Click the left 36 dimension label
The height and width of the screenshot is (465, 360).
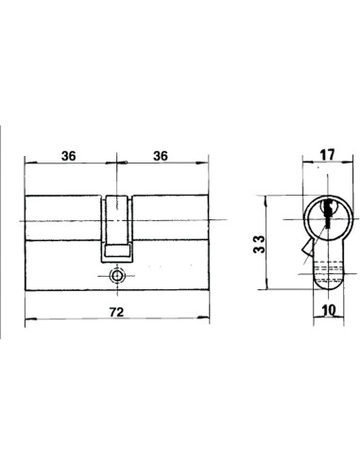[69, 156]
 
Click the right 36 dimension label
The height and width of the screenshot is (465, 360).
[161, 156]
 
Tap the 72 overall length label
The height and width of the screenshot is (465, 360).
[116, 312]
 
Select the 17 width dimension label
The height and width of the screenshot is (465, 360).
[327, 155]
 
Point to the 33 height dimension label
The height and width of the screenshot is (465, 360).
[260, 244]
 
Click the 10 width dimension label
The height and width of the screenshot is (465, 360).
[330, 310]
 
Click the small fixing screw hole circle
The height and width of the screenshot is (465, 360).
[117, 276]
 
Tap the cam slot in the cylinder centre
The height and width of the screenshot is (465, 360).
[117, 228]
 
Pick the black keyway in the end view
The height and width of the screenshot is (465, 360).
[328, 213]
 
